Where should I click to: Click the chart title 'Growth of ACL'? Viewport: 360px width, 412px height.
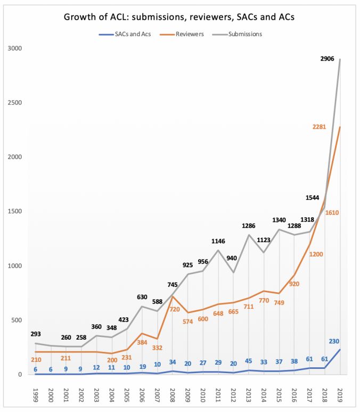click(179, 17)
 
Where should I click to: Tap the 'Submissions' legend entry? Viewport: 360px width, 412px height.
click(244, 34)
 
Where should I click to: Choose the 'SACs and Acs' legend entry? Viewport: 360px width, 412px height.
click(132, 34)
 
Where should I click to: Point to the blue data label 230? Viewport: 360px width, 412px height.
click(334, 341)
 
